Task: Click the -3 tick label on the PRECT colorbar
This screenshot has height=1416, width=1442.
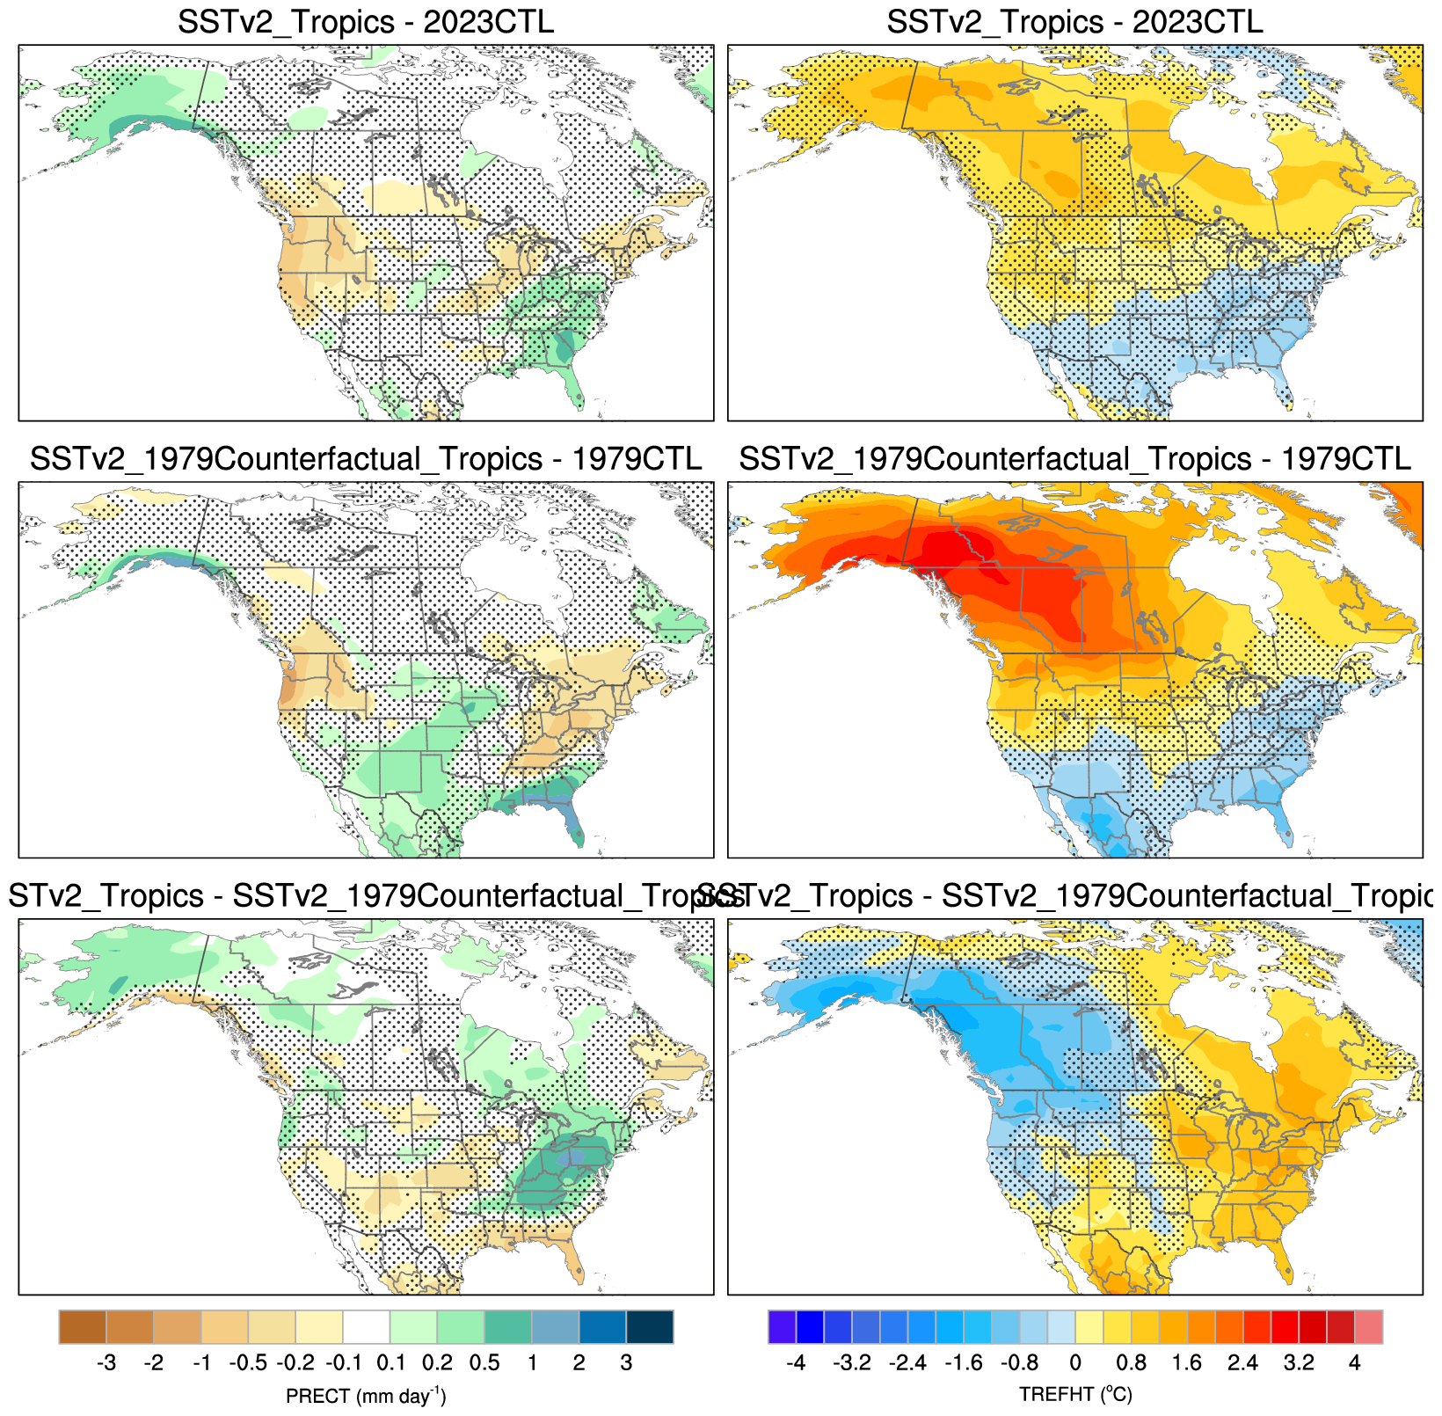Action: [x=106, y=1363]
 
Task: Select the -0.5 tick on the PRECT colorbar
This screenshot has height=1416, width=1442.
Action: [x=247, y=1363]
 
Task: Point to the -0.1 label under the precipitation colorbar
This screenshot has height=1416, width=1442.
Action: [x=343, y=1363]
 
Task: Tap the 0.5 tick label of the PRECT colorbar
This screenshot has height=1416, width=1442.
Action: [x=484, y=1363]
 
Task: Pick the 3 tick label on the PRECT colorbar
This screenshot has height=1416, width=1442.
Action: [x=626, y=1363]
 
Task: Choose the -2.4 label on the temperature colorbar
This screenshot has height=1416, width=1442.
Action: [x=907, y=1363]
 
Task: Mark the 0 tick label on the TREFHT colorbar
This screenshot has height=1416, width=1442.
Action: [x=1074, y=1363]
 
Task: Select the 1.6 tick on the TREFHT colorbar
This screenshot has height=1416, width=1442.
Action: [x=1187, y=1363]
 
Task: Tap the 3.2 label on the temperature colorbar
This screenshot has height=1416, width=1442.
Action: [x=1299, y=1363]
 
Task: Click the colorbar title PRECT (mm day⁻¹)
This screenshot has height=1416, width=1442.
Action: [x=366, y=1396]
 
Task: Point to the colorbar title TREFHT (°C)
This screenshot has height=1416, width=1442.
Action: [x=1075, y=1395]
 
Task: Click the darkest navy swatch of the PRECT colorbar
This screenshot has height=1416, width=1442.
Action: [x=650, y=1326]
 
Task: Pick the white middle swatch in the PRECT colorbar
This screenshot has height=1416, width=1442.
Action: [x=366, y=1326]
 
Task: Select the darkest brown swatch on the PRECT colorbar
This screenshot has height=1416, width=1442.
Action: [x=83, y=1326]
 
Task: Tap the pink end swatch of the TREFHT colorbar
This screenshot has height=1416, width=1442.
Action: [x=1368, y=1326]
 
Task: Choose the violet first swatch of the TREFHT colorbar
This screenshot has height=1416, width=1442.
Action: [x=782, y=1326]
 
